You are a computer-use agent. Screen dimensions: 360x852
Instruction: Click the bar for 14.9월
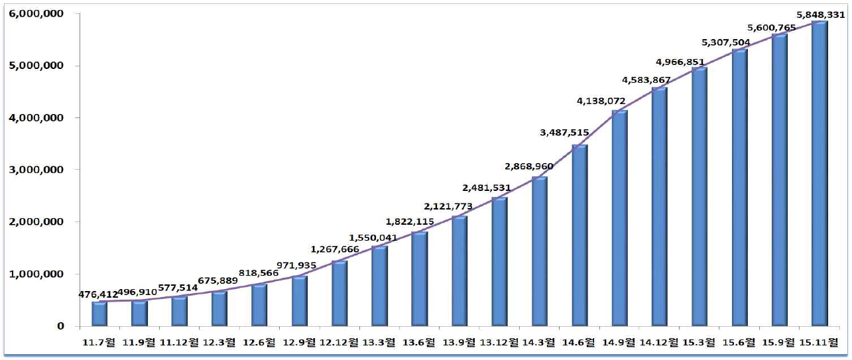[x=619, y=218]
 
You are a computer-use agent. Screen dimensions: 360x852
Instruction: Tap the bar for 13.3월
[x=379, y=286]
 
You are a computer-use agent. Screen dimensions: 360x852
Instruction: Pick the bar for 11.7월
[x=99, y=314]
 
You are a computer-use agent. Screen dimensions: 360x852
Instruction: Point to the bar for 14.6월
[x=579, y=235]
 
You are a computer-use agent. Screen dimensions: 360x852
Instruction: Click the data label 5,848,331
[x=820, y=13]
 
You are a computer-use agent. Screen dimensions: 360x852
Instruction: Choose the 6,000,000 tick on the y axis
[x=36, y=14]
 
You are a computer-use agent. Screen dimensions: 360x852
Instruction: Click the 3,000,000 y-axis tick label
[x=36, y=170]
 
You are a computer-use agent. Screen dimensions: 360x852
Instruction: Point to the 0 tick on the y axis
[x=60, y=326]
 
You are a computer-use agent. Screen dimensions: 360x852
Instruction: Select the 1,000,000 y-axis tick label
[x=36, y=274]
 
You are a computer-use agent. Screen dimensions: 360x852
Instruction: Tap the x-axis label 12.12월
[x=339, y=342]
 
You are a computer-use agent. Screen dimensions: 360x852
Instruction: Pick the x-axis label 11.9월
[x=139, y=342]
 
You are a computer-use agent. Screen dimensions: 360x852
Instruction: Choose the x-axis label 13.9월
[x=459, y=342]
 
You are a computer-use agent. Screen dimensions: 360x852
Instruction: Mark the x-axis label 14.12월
[x=659, y=342]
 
